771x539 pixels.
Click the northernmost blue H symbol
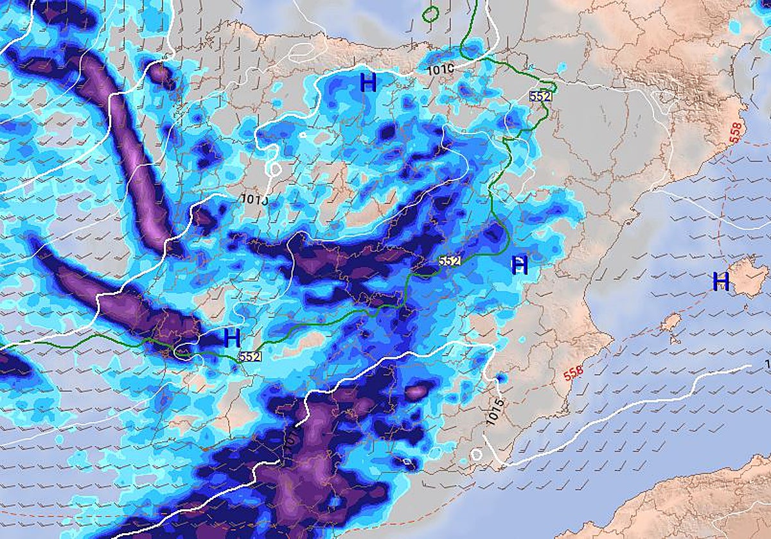point(368,82)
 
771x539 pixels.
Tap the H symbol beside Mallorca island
point(721,280)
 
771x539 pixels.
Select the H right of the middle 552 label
point(519,264)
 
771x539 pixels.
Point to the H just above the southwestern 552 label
point(232,337)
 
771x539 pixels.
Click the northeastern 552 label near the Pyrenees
point(540,96)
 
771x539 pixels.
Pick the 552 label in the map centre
point(450,261)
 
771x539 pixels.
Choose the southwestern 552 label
point(249,355)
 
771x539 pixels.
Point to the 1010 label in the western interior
point(254,198)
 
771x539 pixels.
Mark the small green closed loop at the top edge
point(430,13)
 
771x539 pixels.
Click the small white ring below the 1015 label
point(476,454)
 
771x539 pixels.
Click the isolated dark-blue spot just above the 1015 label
point(502,379)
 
